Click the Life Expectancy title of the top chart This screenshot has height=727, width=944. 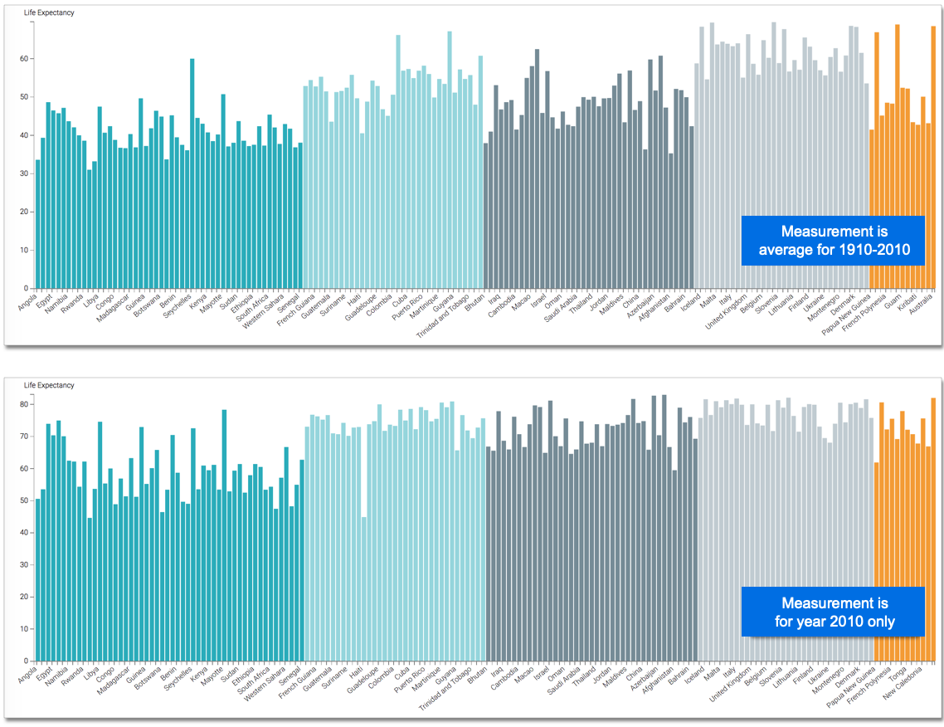click(49, 12)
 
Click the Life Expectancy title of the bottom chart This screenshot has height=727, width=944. click(49, 385)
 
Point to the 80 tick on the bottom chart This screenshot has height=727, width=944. click(25, 404)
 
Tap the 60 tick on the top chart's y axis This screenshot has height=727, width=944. click(25, 59)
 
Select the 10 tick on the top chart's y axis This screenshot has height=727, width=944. click(25, 250)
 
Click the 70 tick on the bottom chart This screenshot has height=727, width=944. click(25, 437)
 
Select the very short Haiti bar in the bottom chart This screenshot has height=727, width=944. click(363, 588)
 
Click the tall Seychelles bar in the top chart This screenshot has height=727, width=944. click(192, 173)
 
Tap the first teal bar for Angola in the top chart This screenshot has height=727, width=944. click(37, 224)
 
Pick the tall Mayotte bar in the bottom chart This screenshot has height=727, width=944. click(224, 535)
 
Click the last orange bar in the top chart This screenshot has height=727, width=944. click(933, 158)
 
